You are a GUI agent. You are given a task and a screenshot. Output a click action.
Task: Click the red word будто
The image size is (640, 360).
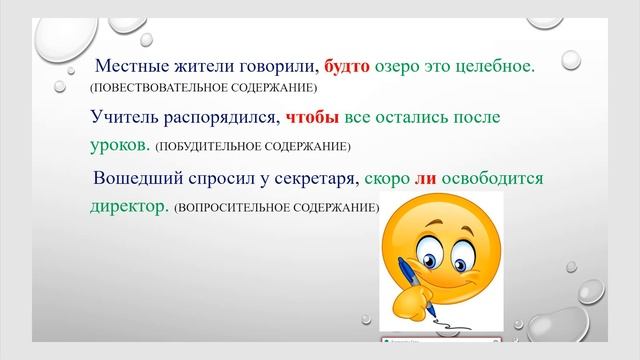point(347,67)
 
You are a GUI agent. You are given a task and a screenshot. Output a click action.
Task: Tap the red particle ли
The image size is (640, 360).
point(398,179)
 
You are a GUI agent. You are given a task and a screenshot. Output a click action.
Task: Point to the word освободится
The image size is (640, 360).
point(479,179)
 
